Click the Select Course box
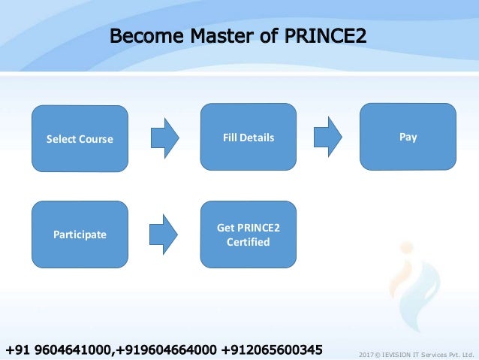tap(80, 139)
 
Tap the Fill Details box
tap(249, 138)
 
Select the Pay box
tap(408, 137)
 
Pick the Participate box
tap(80, 234)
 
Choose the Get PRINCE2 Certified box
tap(249, 234)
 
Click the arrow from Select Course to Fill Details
tap(165, 138)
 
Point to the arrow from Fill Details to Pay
tap(327, 138)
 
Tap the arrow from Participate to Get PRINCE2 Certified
tap(165, 234)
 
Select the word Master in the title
tap(212, 36)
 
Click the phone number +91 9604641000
tap(59, 349)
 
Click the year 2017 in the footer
tap(367, 353)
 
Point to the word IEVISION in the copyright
tap(397, 353)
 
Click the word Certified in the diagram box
tap(249, 242)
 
